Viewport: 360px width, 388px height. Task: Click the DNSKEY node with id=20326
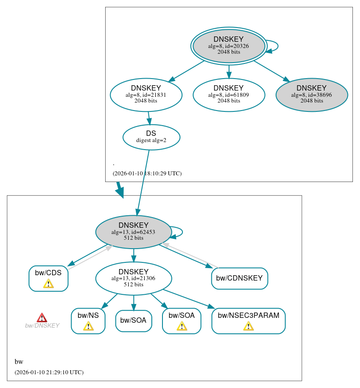(x=229, y=46)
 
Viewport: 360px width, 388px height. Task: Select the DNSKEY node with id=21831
(x=146, y=95)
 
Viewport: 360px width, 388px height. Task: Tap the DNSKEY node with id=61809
(x=229, y=95)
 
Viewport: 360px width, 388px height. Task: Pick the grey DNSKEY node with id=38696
(x=312, y=95)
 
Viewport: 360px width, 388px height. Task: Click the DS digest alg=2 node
(x=151, y=137)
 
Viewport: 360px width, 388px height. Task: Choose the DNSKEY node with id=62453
(x=133, y=232)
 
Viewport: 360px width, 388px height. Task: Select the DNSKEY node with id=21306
(x=133, y=278)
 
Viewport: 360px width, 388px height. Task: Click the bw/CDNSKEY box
(x=239, y=278)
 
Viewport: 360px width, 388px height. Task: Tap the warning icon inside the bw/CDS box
(x=48, y=284)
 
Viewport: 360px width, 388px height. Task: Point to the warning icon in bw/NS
(x=88, y=326)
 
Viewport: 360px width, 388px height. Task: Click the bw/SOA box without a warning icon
(x=134, y=321)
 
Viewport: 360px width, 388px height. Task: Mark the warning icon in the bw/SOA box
(x=182, y=326)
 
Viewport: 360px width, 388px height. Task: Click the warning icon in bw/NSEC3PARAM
(x=248, y=326)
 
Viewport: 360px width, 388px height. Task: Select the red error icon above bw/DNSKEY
(x=42, y=317)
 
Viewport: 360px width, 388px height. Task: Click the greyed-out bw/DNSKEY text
(x=42, y=325)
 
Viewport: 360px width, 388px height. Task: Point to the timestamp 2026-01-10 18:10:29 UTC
(x=147, y=173)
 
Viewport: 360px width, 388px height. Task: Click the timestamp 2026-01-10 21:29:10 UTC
(x=49, y=372)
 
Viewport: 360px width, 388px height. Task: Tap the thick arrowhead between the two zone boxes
(x=120, y=192)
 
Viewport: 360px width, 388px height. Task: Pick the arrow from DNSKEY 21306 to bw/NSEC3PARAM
(x=189, y=299)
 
